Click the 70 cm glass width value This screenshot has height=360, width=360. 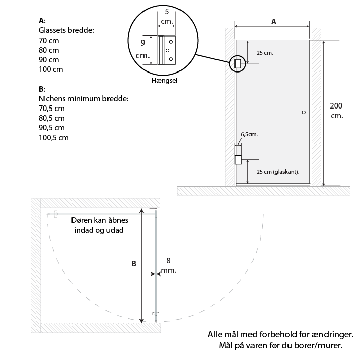pyautogui.click(x=49, y=41)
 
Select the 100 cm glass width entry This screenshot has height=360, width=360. pyautogui.click(x=51, y=69)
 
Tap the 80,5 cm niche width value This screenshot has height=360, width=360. pyautogui.click(x=51, y=118)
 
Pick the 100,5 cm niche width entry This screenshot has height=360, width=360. pyautogui.click(x=54, y=138)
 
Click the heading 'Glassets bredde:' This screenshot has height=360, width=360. pyautogui.click(x=66, y=30)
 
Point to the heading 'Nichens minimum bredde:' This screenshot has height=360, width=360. pyautogui.click(x=83, y=99)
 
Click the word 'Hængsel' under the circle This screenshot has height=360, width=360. pyautogui.click(x=164, y=81)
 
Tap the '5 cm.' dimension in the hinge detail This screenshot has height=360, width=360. pyautogui.click(x=167, y=16)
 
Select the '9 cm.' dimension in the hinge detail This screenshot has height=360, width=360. pyautogui.click(x=142, y=49)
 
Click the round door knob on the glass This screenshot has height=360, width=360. pyautogui.click(x=304, y=112)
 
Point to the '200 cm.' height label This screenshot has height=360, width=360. pyautogui.click(x=336, y=111)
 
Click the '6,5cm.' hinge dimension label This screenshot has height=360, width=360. pyautogui.click(x=249, y=134)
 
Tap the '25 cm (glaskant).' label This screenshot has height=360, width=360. pyautogui.click(x=278, y=172)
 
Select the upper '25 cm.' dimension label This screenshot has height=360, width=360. pyautogui.click(x=265, y=53)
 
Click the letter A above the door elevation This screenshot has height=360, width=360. pyautogui.click(x=273, y=22)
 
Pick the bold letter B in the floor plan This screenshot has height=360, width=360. pyautogui.click(x=134, y=264)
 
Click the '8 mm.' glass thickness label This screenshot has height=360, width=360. pyautogui.click(x=168, y=265)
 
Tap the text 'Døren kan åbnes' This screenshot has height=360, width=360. pyautogui.click(x=100, y=220)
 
